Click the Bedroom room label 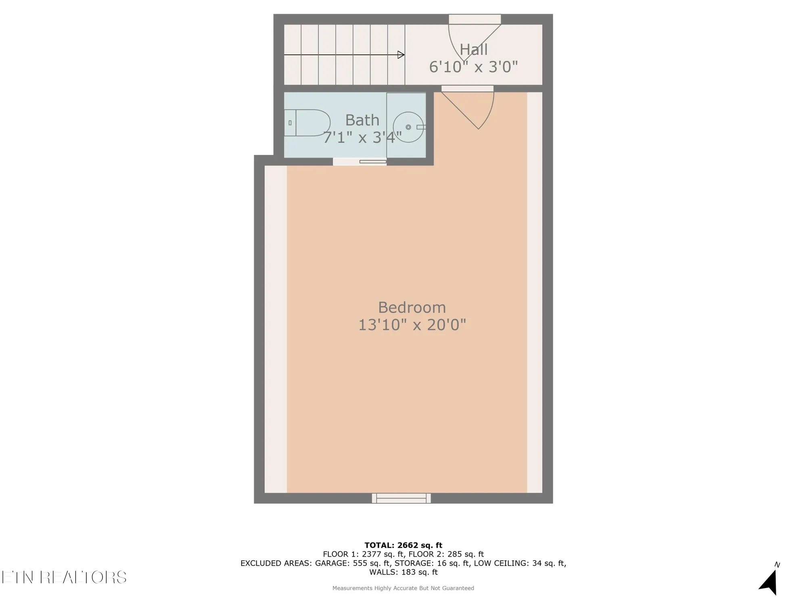(412, 308)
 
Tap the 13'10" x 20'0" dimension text (412, 325)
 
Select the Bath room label (362, 120)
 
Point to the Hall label (473, 50)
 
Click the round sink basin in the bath (408, 127)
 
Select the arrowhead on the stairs (401, 55)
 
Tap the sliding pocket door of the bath (372, 162)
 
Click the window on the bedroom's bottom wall (401, 499)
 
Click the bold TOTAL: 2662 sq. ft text (403, 545)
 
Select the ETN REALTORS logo (64, 577)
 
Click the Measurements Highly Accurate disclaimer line (403, 588)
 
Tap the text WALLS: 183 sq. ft (403, 572)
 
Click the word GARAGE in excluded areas (332, 563)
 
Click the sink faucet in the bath (420, 127)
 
